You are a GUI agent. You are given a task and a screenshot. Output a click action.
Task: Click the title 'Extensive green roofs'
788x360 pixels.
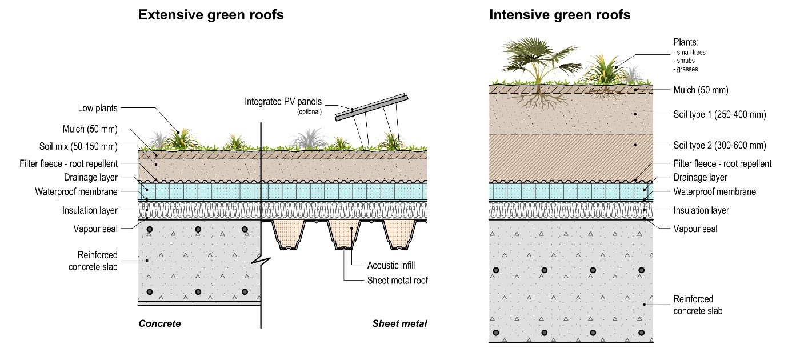(211, 15)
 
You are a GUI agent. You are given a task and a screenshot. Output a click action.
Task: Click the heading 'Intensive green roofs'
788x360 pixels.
(559, 15)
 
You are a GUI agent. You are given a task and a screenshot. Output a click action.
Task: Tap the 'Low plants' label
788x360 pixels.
(98, 108)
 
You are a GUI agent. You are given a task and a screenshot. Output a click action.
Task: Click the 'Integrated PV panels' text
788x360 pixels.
(283, 102)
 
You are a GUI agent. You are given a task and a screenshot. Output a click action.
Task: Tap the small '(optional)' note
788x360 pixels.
(309, 112)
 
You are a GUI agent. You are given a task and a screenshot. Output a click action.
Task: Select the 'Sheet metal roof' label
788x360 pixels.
(397, 280)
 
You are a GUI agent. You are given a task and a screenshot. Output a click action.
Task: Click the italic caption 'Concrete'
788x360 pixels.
(159, 324)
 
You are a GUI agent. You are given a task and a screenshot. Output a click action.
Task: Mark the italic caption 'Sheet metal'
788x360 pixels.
(399, 324)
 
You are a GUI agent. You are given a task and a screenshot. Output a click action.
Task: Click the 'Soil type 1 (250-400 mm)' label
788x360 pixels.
(719, 115)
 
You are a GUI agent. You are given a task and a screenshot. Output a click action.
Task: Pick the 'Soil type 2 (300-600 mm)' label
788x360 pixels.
(719, 145)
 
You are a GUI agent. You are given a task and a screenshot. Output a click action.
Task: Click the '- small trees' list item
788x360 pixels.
(690, 53)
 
